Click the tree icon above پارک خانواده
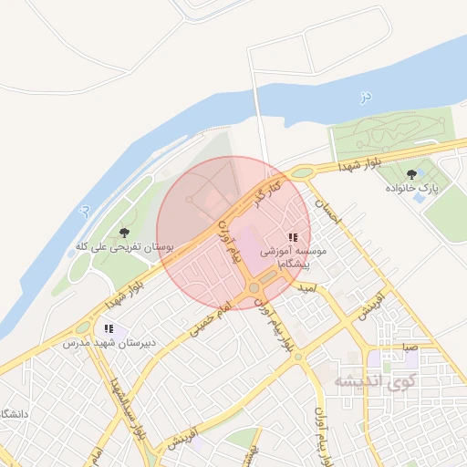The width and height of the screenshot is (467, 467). point(412,173)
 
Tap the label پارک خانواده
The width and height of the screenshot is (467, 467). point(411,188)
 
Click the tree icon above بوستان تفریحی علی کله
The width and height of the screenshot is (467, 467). point(124,233)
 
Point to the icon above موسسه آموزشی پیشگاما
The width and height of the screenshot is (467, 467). point(293,236)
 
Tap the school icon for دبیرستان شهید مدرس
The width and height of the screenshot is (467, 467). point(109,328)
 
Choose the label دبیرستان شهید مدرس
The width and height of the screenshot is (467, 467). point(98,343)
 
